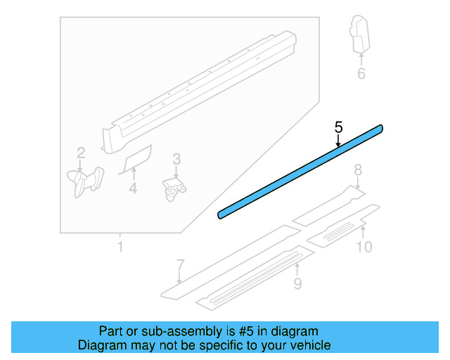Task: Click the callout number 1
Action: (x=120, y=247)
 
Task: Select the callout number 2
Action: (x=81, y=153)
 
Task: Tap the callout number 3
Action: (x=176, y=160)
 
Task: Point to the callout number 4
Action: (x=133, y=188)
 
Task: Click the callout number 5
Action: (x=338, y=127)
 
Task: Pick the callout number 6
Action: (x=361, y=73)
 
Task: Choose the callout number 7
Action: (x=180, y=265)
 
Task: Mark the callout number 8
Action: (x=357, y=169)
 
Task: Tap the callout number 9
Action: (x=297, y=283)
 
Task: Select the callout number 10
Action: (x=364, y=247)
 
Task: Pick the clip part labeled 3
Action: (x=174, y=187)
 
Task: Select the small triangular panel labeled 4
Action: (x=137, y=160)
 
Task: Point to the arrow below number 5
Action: (x=338, y=141)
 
